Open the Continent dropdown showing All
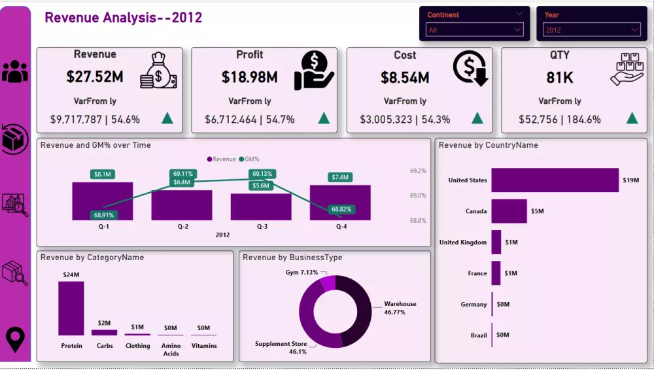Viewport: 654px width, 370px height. [474, 30]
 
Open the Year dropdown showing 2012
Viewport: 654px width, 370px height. [591, 30]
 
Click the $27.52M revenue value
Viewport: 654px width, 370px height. [95, 77]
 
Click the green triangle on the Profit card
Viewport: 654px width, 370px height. [323, 119]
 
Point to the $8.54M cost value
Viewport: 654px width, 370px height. [405, 78]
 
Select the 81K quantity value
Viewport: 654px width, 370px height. [560, 78]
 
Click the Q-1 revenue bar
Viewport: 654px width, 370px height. [103, 201]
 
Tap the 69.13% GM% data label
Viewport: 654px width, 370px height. [262, 174]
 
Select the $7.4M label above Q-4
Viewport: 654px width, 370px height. [340, 177]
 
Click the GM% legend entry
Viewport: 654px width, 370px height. [251, 159]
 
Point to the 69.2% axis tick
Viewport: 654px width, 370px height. [418, 171]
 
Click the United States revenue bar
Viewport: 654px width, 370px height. [555, 180]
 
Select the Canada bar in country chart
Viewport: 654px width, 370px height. [509, 211]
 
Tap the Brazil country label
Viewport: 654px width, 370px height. [478, 335]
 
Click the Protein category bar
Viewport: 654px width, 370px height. [71, 308]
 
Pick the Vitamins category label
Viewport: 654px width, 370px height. [204, 346]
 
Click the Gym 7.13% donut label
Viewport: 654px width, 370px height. [301, 273]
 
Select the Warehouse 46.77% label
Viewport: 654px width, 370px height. [400, 308]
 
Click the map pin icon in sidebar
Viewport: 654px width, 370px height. [15, 340]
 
